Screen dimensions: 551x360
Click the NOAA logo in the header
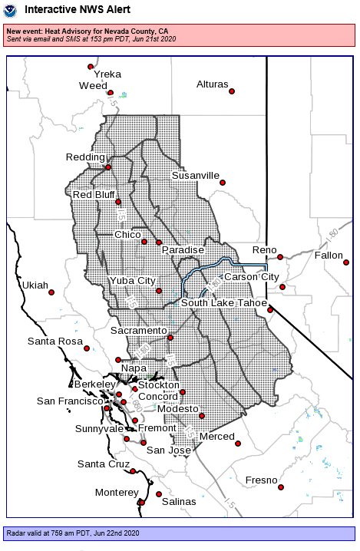(11, 12)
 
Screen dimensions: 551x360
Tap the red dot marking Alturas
(232, 91)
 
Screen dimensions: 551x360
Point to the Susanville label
(195, 176)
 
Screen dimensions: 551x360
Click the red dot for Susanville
(223, 182)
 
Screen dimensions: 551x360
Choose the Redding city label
(85, 157)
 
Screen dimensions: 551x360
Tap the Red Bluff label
(93, 195)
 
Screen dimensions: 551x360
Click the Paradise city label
(182, 250)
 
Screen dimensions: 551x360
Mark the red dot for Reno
(280, 257)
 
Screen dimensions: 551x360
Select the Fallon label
(329, 255)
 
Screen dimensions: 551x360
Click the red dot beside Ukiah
(51, 292)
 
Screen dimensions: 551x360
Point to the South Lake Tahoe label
(223, 303)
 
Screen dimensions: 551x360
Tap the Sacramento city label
(138, 331)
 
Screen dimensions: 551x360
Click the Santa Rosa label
(54, 341)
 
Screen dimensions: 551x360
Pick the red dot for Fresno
(281, 487)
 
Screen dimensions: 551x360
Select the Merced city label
(216, 437)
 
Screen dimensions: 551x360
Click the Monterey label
(116, 492)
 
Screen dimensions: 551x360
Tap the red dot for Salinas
(159, 494)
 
